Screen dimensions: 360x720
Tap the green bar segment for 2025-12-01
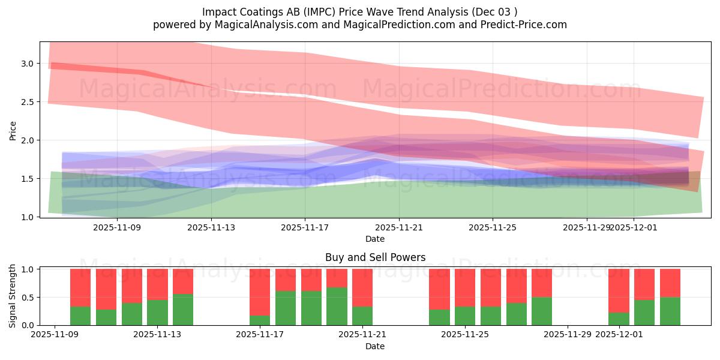[619, 319]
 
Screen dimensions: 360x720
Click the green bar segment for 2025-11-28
[542, 311]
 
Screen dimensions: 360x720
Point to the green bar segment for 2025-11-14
[183, 310]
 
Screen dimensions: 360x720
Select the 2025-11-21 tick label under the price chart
[399, 227]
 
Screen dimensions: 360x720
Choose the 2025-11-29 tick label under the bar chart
[568, 335]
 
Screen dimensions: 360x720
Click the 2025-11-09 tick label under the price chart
[117, 227]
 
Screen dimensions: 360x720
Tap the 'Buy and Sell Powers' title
[375, 257]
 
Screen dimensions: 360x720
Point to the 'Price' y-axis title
[13, 130]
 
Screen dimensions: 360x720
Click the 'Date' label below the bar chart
[375, 346]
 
